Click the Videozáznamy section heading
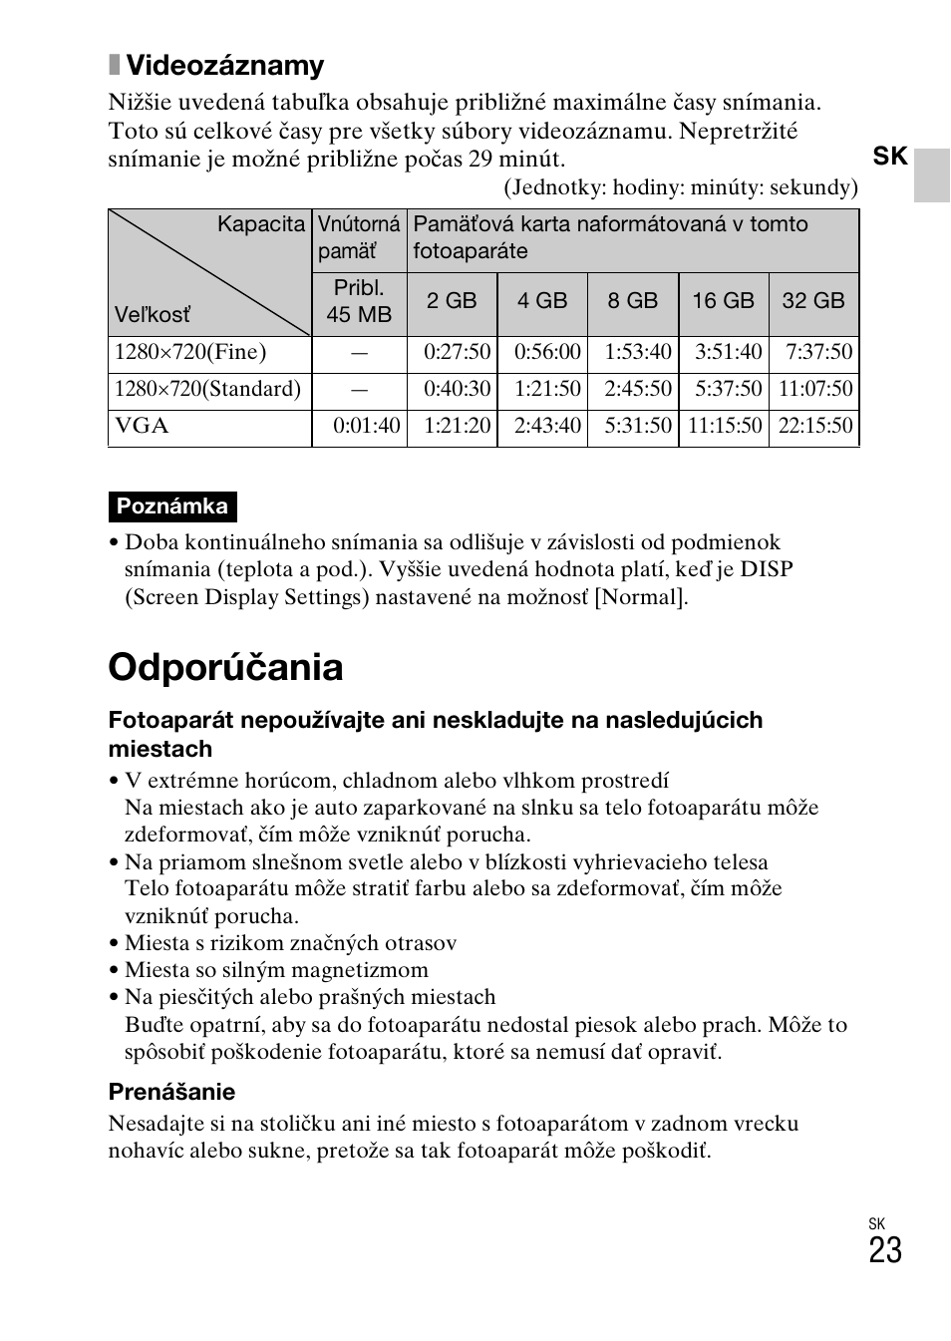point(224,66)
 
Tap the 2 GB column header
point(452,301)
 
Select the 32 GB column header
point(812,301)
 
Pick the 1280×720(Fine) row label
point(190,352)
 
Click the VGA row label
point(142,426)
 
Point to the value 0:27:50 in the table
point(457,352)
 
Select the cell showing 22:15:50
point(814,426)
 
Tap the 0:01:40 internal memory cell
point(366,426)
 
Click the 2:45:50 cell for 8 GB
point(637,389)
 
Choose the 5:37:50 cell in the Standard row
point(728,389)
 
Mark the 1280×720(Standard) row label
point(207,389)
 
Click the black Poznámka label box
point(172,506)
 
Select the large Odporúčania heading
point(225,667)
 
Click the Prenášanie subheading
point(171,1092)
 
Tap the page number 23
point(884,1250)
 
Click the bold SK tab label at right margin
point(890,157)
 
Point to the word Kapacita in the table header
point(261,224)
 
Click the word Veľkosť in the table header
point(152,315)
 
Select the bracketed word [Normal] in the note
point(640,597)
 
